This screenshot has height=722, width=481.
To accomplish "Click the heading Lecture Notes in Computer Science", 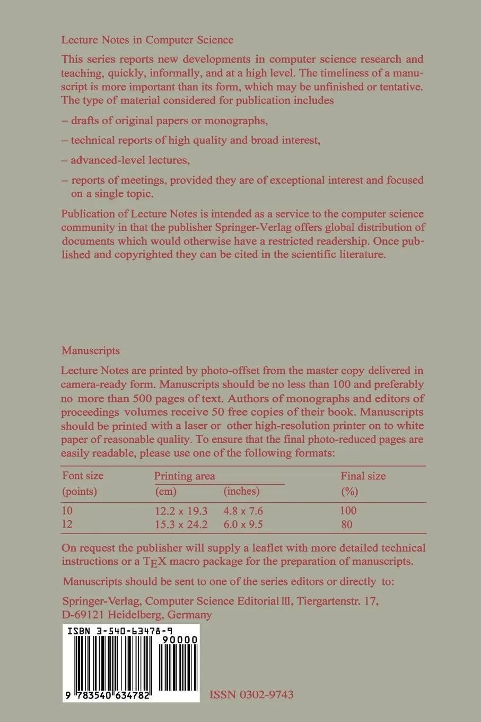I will coord(147,39).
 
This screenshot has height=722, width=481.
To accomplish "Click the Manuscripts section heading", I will coord(90,350).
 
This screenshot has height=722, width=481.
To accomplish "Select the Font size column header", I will coord(83,476).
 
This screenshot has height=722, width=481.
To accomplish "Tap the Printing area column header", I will coord(185,476).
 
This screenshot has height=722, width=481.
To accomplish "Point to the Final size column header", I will coord(363,476).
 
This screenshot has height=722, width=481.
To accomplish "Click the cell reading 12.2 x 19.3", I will coord(181,511).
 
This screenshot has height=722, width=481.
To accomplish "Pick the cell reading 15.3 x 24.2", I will coord(181,525).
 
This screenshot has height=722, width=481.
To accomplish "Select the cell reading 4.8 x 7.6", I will coord(243,511).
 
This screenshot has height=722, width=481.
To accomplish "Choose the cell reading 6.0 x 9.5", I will coord(243,525).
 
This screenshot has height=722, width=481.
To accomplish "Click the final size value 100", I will coord(348,511).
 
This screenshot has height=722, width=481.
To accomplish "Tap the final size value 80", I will coord(347,525).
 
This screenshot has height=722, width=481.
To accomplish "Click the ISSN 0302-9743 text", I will coord(251,694).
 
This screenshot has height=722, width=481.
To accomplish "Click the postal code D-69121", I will coord(85,615).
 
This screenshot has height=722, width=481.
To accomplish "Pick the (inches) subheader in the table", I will coord(241,491).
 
